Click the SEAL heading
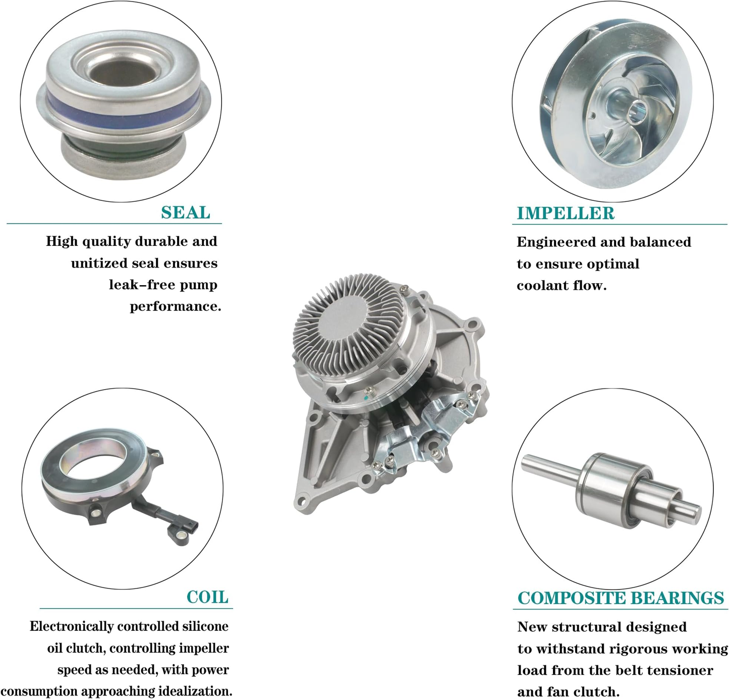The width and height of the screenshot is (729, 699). click(186, 212)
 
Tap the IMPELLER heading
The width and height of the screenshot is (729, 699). click(566, 213)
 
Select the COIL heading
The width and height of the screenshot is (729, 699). click(207, 597)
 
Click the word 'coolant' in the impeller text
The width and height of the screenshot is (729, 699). click(543, 286)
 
